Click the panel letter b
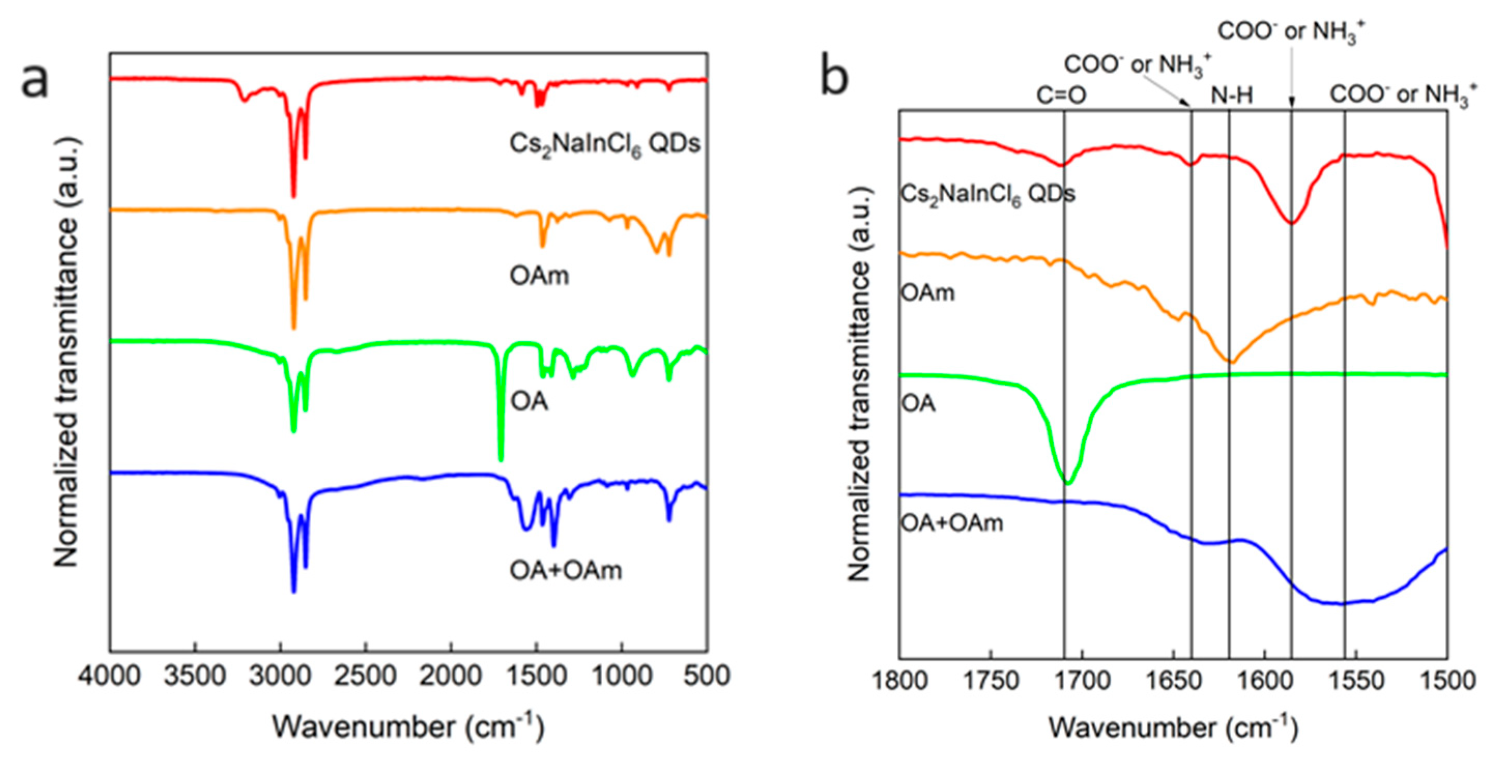(834, 78)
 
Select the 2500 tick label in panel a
(366, 676)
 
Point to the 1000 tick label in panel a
(622, 676)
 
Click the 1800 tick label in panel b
(900, 680)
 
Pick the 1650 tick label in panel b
(1173, 680)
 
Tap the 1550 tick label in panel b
(1356, 680)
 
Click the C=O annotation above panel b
(1062, 95)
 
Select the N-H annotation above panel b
(1231, 95)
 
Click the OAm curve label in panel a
(539, 275)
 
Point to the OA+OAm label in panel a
(566, 571)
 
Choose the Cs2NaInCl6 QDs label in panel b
(987, 194)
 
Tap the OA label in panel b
(918, 403)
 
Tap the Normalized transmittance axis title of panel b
(860, 383)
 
